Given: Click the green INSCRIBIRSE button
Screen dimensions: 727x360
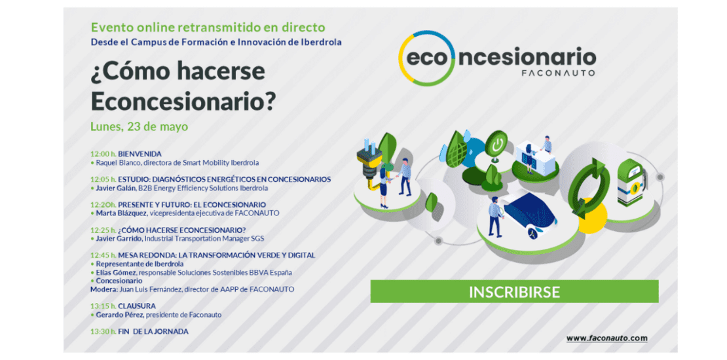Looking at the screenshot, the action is tap(514, 291).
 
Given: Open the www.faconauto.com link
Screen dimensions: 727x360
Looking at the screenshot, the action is tap(606, 338).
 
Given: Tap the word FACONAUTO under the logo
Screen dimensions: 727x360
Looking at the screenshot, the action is tap(558, 73).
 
